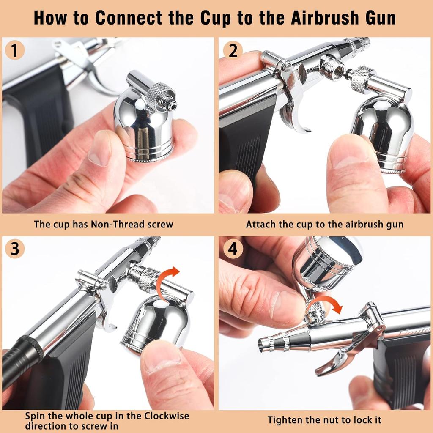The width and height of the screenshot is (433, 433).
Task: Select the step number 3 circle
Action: point(15,249)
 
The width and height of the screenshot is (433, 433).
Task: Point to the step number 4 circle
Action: point(233,249)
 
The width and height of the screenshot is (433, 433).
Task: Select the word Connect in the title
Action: point(127,18)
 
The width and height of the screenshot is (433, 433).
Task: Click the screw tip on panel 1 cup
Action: point(171,104)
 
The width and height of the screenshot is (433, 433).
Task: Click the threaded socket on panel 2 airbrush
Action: point(332,68)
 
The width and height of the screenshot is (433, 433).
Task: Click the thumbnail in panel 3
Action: point(163,364)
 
